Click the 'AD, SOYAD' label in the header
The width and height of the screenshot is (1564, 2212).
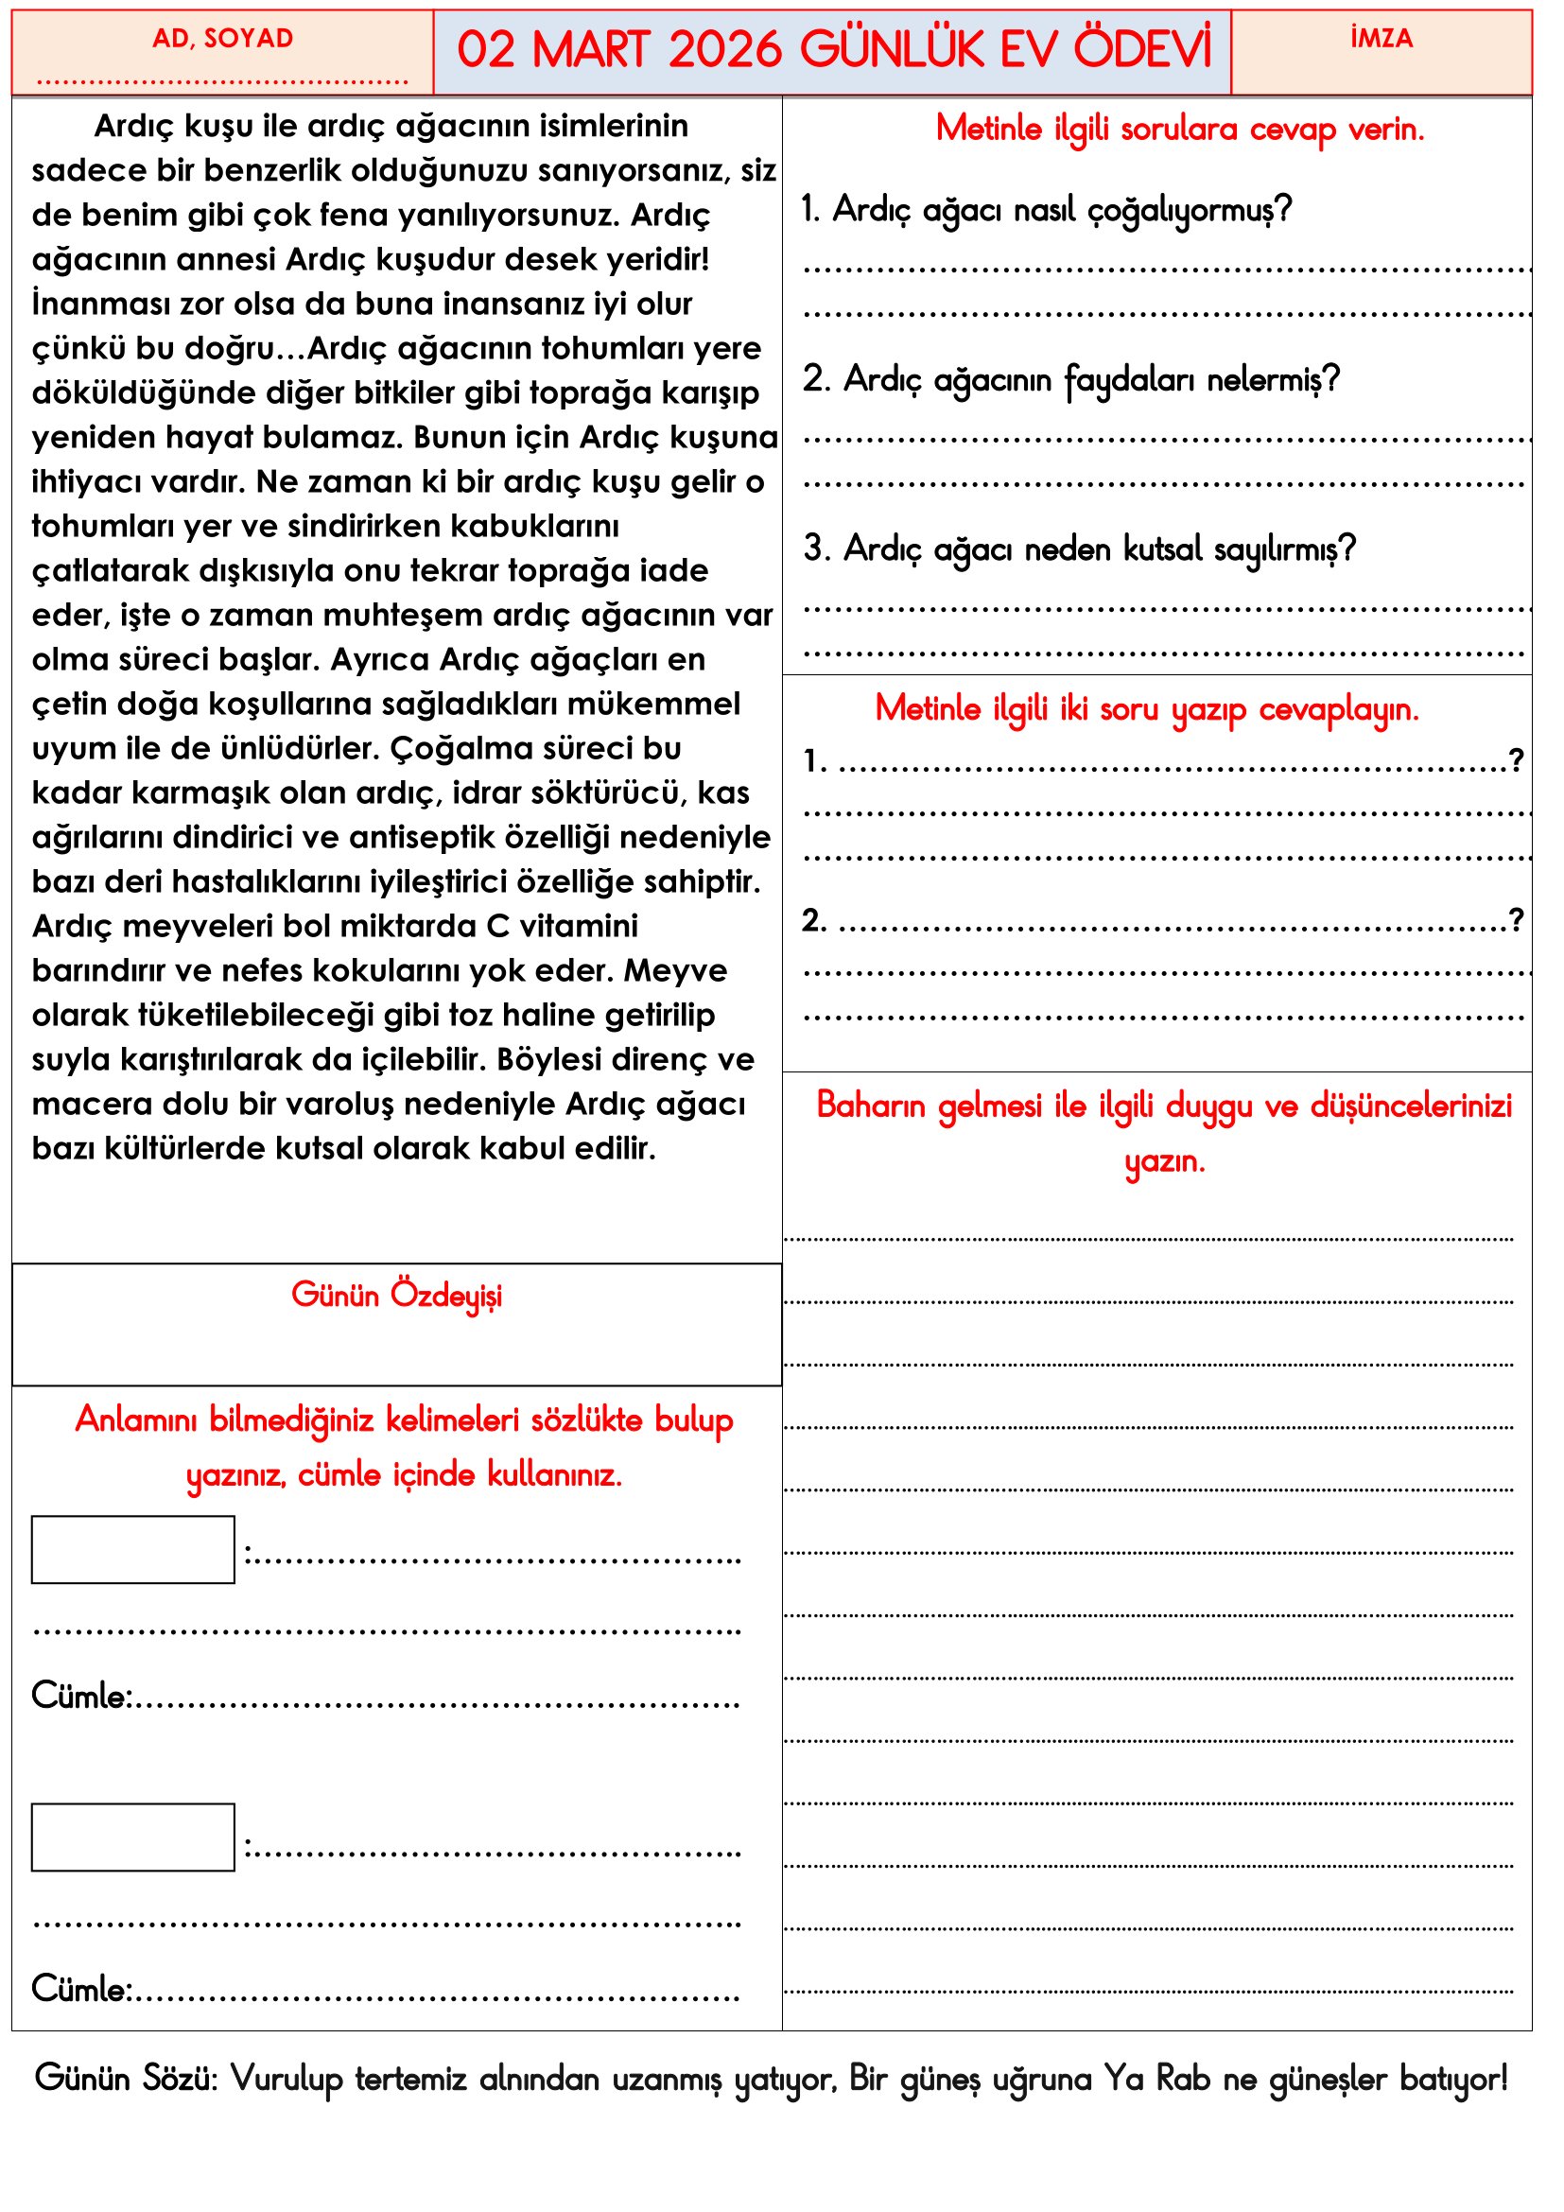[222, 39]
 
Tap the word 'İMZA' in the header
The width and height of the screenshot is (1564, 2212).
[1381, 39]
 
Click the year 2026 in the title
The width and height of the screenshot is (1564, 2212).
[724, 50]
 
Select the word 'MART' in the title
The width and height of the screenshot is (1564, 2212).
[590, 50]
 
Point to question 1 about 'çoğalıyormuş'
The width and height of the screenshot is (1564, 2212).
[1047, 210]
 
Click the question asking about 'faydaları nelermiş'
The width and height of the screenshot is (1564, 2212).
[1071, 379]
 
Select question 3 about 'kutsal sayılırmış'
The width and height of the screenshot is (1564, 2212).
[1080, 549]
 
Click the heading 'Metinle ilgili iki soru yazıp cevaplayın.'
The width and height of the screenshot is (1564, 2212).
[1147, 709]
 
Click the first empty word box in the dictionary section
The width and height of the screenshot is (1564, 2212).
[133, 1550]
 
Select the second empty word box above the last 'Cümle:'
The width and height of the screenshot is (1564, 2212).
[133, 1838]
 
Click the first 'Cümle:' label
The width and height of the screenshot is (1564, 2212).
[81, 1696]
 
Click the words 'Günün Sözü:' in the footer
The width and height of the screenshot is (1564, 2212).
[126, 2079]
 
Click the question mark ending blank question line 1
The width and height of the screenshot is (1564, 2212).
[1516, 760]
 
